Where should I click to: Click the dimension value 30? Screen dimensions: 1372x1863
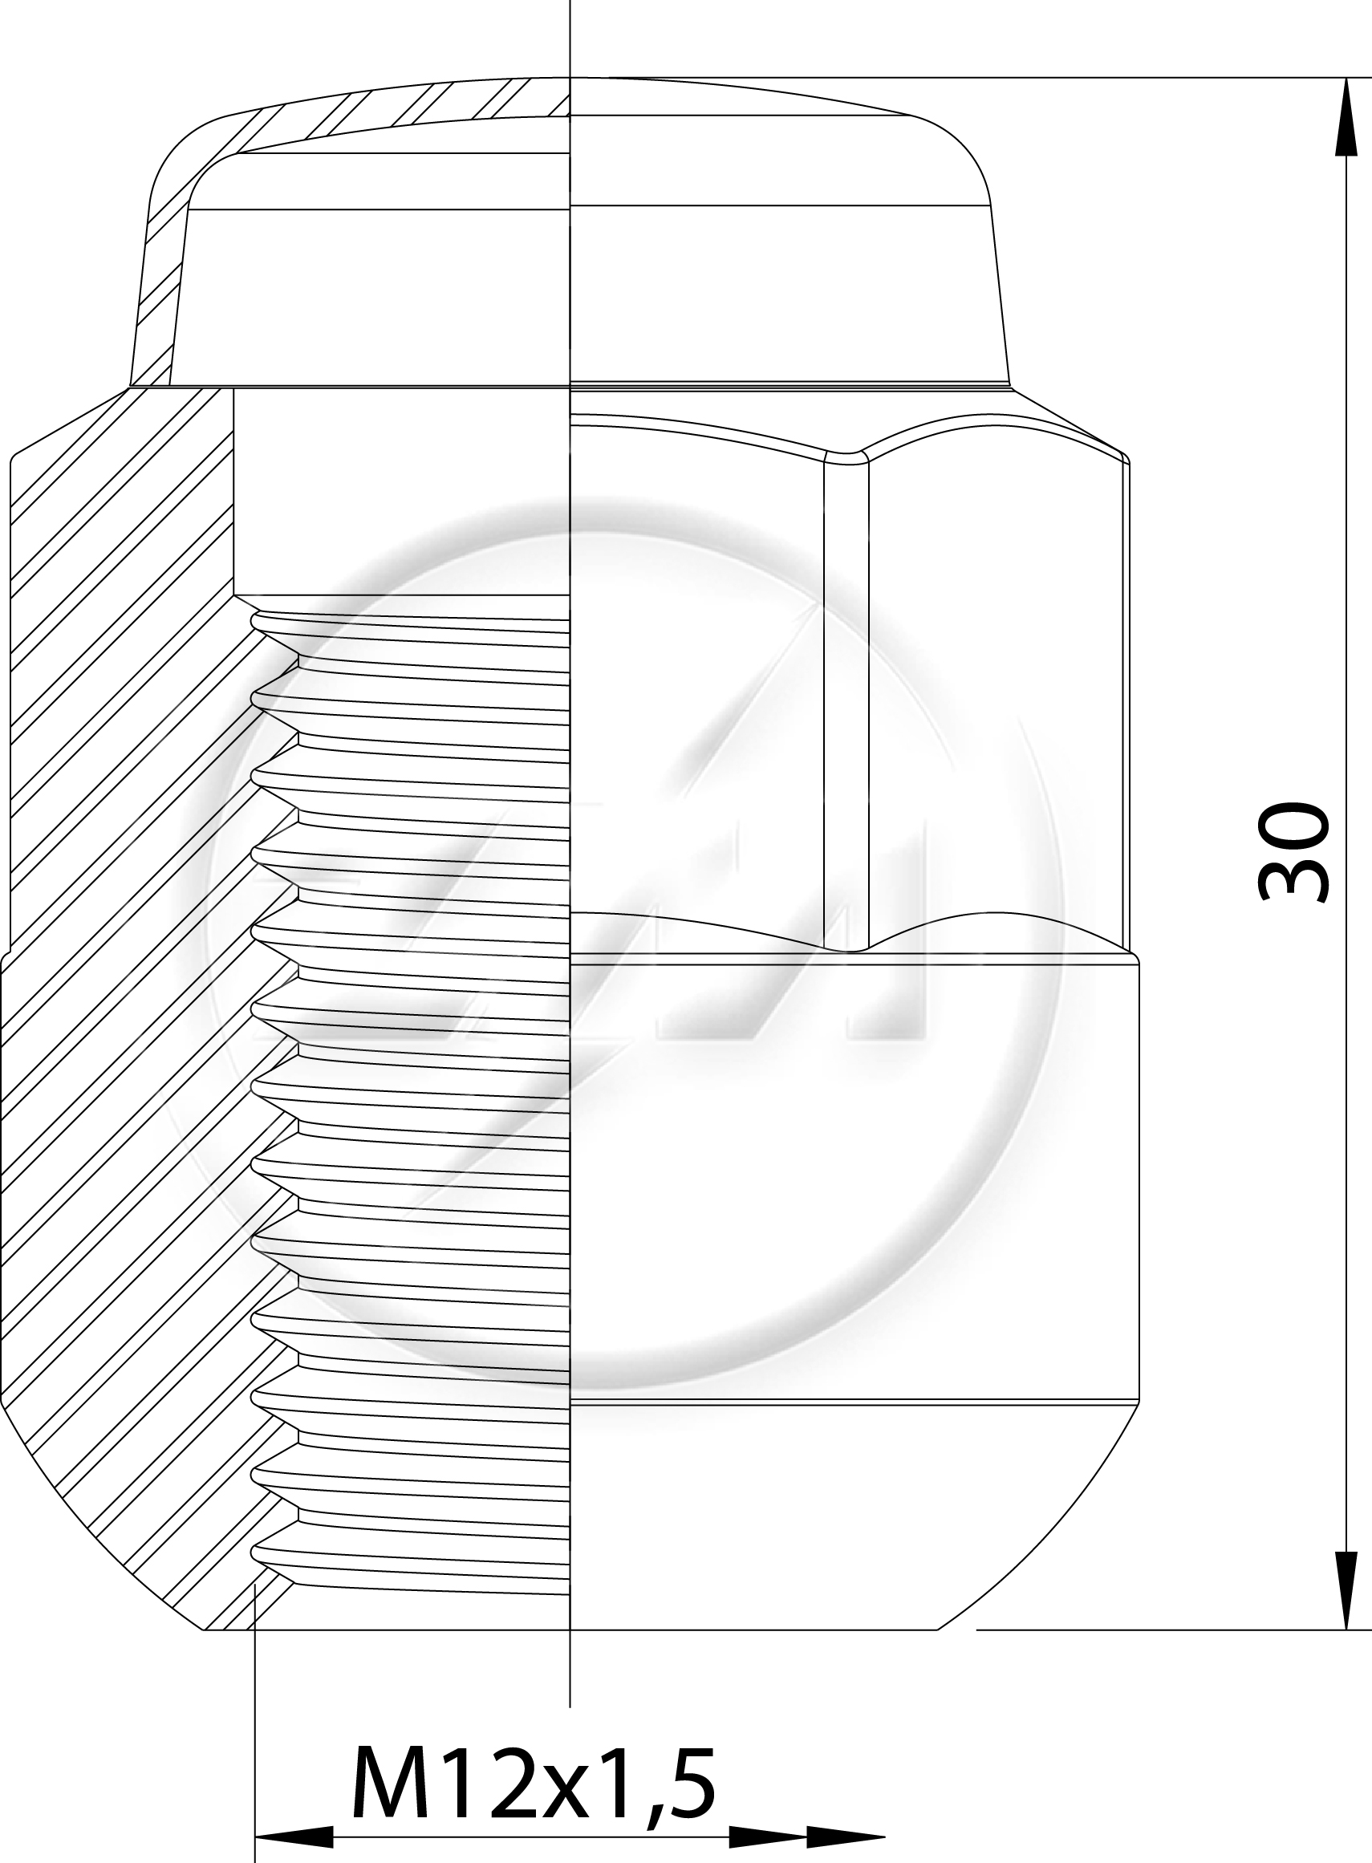click(1293, 851)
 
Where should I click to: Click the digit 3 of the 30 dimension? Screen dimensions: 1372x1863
click(1293, 879)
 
